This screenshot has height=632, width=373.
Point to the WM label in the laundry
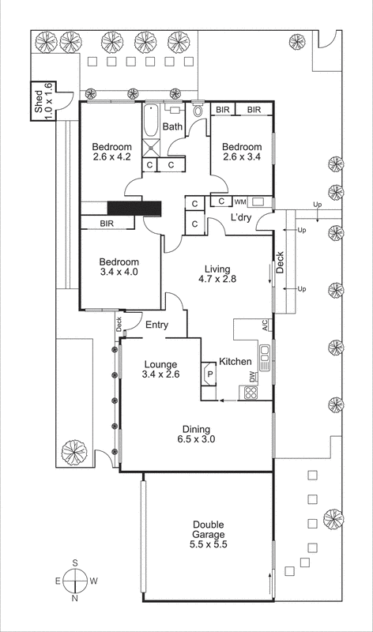(x=239, y=202)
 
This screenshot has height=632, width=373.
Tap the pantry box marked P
(x=210, y=374)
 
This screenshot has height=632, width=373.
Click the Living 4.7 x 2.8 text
(x=217, y=273)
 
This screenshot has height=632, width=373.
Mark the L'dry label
(x=242, y=218)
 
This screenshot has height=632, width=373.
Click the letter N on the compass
(x=74, y=599)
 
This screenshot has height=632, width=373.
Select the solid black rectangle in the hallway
(x=134, y=208)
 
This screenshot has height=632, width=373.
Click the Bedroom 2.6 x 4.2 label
(x=111, y=152)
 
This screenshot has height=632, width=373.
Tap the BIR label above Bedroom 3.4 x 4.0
(x=107, y=224)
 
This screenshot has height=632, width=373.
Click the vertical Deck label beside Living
(x=280, y=262)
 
